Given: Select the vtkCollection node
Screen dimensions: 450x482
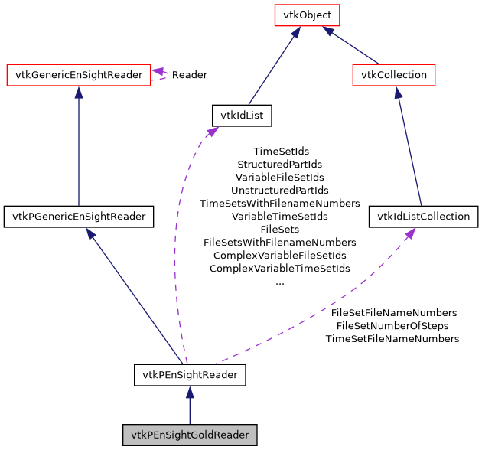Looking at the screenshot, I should coord(394,75).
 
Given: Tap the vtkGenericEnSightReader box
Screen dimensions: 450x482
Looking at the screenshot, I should coord(78,75).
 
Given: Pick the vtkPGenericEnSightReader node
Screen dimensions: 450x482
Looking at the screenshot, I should coord(79,217).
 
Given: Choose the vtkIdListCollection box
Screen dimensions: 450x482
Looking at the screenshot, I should coord(423,217).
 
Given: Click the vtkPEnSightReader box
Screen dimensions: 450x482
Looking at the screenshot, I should coord(190,375).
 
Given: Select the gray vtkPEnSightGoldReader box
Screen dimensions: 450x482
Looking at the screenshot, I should coord(190,435).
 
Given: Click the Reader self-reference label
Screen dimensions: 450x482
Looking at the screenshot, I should coord(189,75).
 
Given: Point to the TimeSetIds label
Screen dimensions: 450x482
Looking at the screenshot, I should coord(280,152).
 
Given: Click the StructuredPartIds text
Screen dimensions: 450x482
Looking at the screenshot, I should coord(280,165).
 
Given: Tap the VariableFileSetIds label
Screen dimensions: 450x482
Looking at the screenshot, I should coord(280,178).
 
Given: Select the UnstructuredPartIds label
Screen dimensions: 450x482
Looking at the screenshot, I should coord(280,191).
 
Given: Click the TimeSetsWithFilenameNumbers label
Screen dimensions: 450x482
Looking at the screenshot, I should coord(280,204).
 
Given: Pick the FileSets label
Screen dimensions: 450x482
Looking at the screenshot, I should coord(280,230).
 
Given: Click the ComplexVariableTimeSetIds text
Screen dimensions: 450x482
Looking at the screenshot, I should coord(280,269).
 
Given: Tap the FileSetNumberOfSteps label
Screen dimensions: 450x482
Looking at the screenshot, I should coord(393,326).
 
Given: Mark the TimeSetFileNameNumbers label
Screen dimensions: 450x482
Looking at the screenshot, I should coord(392,339).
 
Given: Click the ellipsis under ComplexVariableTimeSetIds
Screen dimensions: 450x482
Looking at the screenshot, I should coord(280,282).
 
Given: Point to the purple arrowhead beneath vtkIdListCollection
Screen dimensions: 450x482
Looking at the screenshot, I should coord(411,233).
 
